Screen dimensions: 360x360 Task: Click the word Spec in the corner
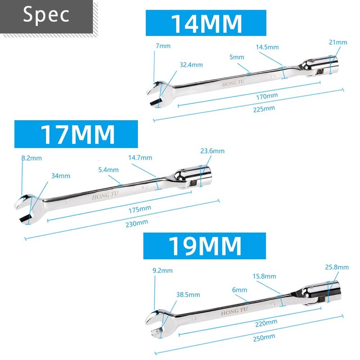coord(46,14)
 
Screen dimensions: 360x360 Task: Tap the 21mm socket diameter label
coord(338,42)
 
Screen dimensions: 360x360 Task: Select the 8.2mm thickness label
coord(31,158)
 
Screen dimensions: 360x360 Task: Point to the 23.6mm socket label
coord(212,151)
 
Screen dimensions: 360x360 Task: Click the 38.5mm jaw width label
coord(187,295)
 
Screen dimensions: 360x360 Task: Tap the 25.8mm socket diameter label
coord(337,267)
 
